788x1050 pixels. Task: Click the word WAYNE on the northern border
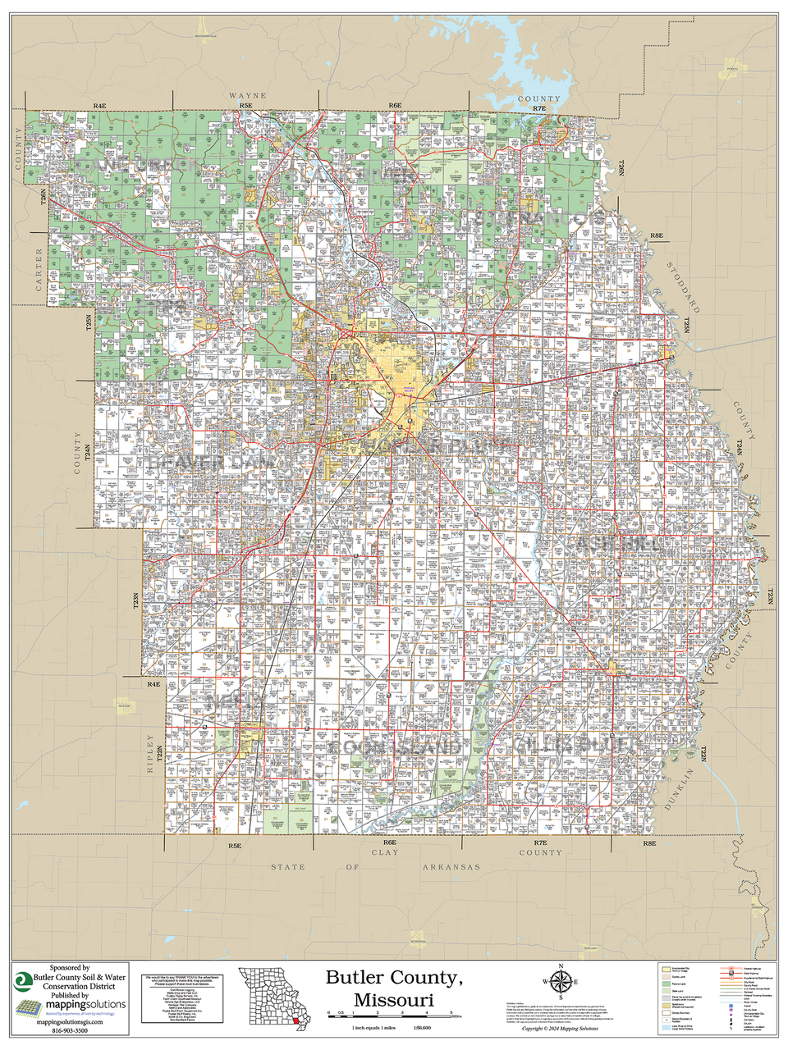[x=247, y=96]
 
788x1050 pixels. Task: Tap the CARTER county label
[x=38, y=270]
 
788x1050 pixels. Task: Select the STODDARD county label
[x=683, y=287]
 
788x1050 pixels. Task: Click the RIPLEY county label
[x=149, y=753]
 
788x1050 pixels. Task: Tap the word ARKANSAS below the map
[x=451, y=867]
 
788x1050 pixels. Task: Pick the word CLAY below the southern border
[x=385, y=853]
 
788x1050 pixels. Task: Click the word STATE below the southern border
[x=287, y=867]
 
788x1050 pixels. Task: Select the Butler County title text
[x=394, y=977]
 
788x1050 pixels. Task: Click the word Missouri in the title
[x=394, y=1000]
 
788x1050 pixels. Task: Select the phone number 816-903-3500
[x=63, y=1030]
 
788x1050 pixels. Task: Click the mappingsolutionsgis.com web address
[x=70, y=1021]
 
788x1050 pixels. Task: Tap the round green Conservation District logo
[x=23, y=980]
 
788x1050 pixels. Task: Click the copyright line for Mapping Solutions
[x=560, y=1029]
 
